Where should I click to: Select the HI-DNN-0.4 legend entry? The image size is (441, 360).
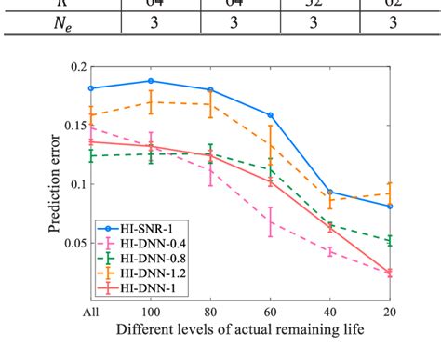coord(140,243)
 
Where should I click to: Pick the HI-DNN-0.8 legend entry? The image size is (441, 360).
coord(140,258)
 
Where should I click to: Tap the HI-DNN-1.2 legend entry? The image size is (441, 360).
coord(140,273)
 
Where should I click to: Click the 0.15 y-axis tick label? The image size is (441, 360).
coord(72,126)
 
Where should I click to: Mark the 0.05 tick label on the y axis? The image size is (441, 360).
coord(72,244)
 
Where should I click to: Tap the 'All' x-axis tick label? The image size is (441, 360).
coord(91,312)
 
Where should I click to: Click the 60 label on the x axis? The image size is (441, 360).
coord(270,312)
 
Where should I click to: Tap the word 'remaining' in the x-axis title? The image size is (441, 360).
coord(301,330)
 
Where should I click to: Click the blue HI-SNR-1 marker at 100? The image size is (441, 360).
coord(151,81)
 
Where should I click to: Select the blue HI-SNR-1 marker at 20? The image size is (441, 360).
coord(389,206)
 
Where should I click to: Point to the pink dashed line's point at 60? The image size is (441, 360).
coord(270,221)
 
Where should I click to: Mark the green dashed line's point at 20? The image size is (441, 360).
coord(389,240)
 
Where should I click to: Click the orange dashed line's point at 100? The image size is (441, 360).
coord(151,102)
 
